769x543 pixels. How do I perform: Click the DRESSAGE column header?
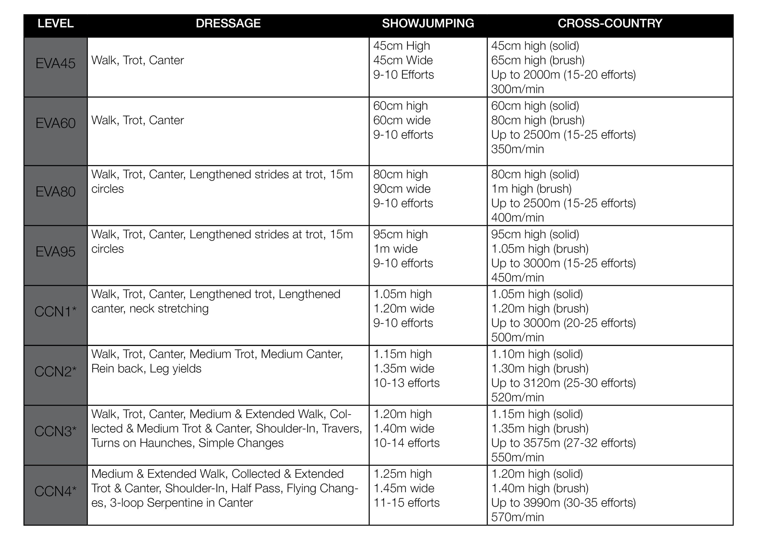(228, 23)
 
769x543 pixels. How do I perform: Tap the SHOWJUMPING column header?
(428, 23)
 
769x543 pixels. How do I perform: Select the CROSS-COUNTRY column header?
(609, 23)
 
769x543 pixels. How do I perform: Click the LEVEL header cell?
(55, 23)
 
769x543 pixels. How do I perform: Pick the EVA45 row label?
(55, 64)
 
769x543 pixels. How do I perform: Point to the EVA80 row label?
(55, 192)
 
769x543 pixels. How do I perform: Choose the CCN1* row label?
(55, 311)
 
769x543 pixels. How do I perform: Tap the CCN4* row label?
(55, 491)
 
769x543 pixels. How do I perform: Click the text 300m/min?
(517, 89)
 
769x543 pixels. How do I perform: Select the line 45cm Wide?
(403, 60)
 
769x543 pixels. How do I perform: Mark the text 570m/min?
(517, 517)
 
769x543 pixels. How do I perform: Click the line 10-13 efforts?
(406, 383)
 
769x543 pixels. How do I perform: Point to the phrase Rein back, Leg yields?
(146, 368)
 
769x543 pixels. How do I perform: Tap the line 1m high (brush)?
(531, 189)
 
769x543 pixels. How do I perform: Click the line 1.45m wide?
(404, 488)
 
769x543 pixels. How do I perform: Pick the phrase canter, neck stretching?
(150, 308)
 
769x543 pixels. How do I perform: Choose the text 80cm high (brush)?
(538, 120)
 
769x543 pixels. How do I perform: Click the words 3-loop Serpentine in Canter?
(181, 502)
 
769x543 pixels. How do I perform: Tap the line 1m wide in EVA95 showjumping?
(395, 249)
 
